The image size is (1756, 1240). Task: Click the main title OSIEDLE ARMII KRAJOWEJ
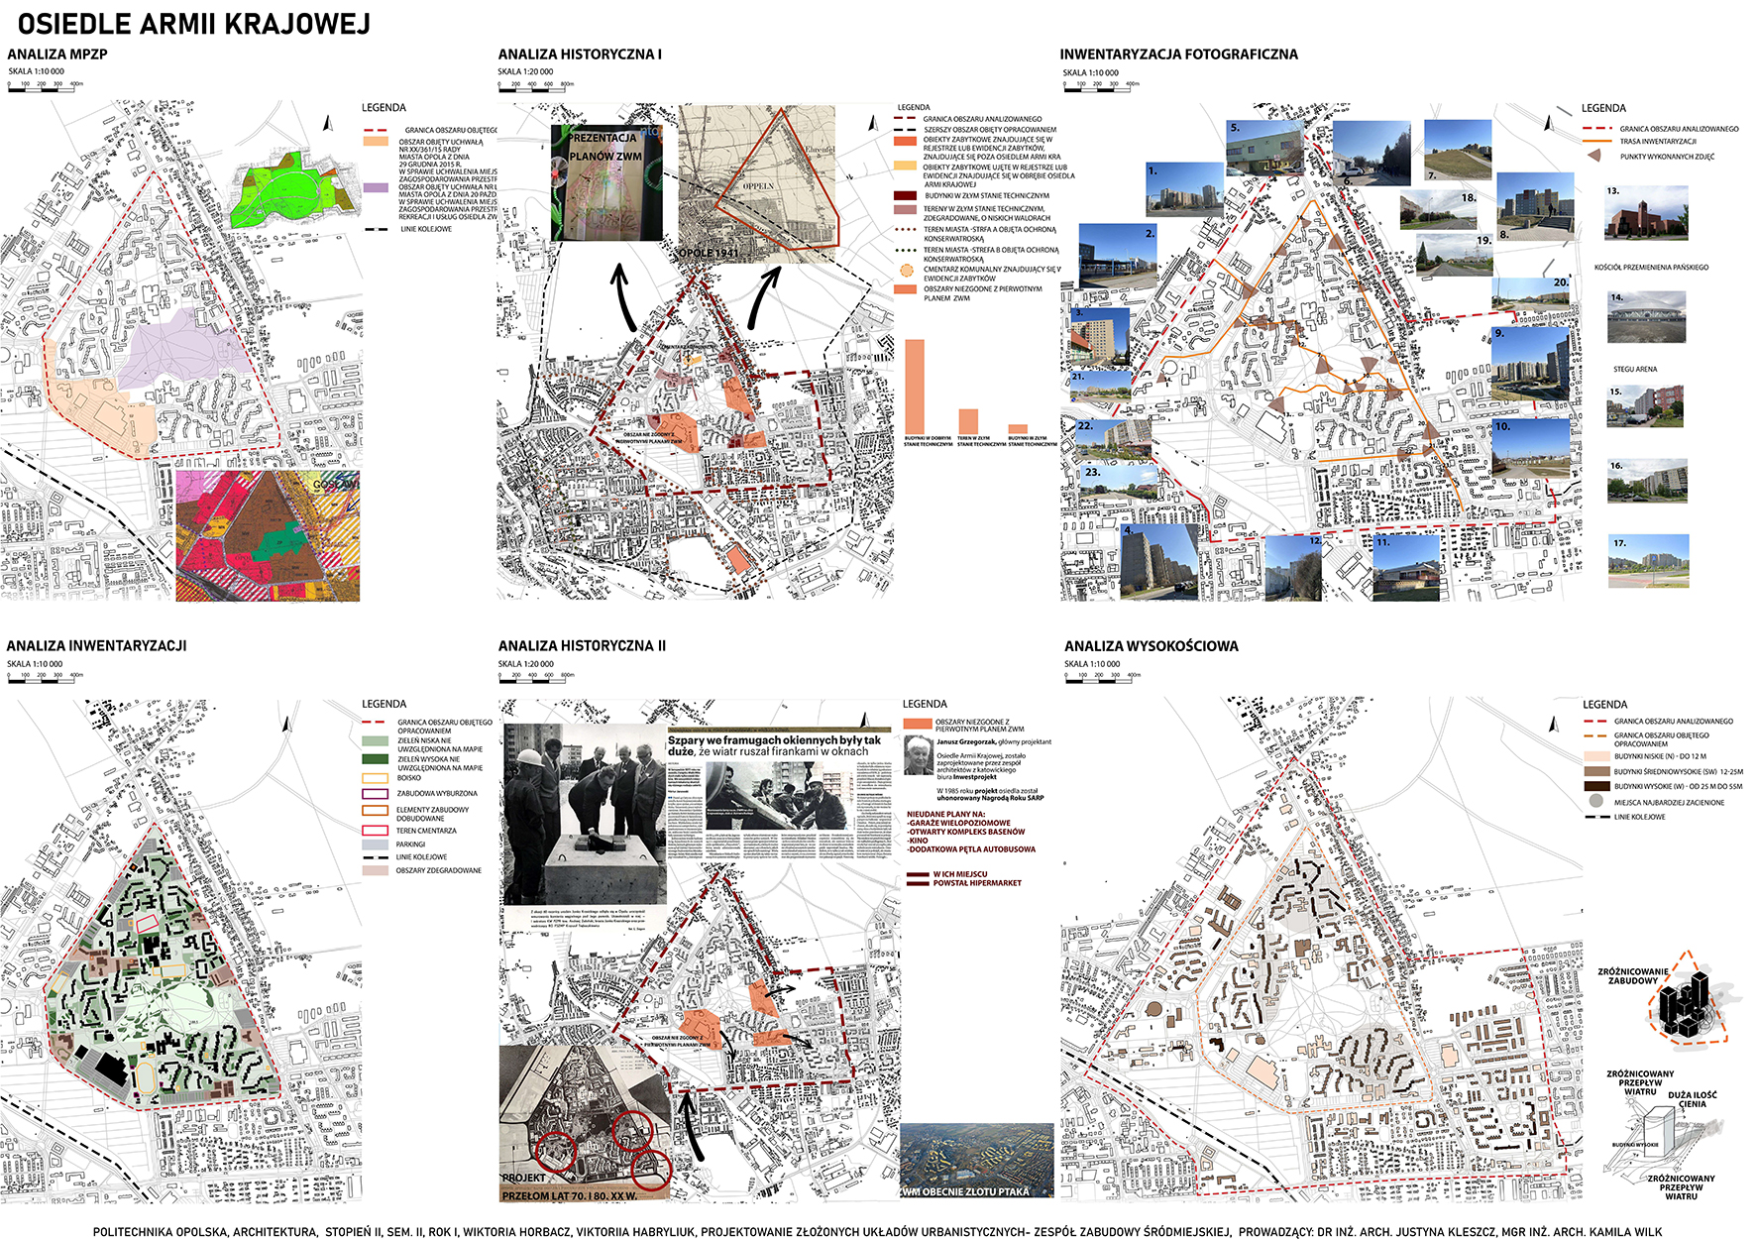coord(194,24)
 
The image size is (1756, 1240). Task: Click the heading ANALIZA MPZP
coord(57,55)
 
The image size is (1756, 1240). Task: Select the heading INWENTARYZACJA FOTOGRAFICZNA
coord(1178,55)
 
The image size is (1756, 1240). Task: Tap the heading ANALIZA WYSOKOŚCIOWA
coord(1151,646)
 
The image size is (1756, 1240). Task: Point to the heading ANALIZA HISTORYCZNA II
coord(582,646)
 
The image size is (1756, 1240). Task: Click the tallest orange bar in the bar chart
coord(915,386)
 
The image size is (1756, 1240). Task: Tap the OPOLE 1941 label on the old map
coord(709,253)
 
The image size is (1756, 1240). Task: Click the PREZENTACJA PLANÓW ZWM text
coord(604,147)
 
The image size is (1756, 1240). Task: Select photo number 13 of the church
coord(1646,213)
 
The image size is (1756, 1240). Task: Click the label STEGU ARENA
coord(1634,369)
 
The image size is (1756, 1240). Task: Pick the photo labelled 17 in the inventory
coord(1648,560)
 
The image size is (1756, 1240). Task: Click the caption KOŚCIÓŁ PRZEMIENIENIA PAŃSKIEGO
coord(1651,268)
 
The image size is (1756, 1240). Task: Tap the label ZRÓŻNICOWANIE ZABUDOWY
coord(1632,975)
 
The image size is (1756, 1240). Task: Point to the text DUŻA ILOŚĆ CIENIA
coord(1692,1099)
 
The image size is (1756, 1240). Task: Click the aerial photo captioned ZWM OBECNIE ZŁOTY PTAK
coord(976,1160)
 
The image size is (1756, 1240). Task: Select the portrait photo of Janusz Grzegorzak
coord(919,755)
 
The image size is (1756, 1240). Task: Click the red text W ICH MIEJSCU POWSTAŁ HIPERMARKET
coord(976,878)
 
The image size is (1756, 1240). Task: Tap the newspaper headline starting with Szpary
coord(774,745)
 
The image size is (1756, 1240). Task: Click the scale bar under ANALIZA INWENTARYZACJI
coord(46,679)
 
